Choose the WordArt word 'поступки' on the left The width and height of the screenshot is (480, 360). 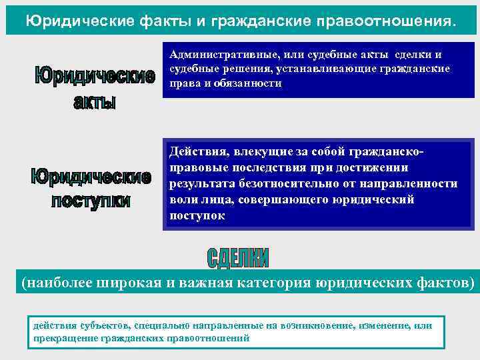click(91, 201)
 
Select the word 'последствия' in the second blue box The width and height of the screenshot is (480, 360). click(274, 168)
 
